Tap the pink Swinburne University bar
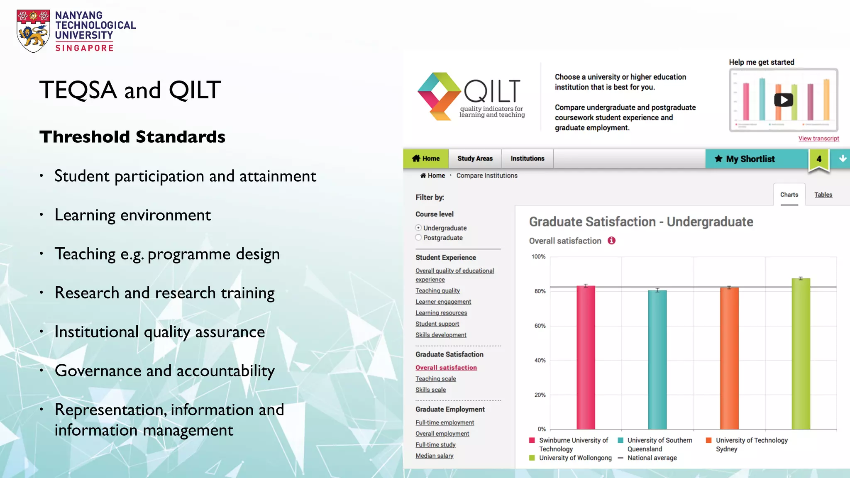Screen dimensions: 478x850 (586, 357)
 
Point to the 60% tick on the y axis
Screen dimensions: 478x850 (540, 326)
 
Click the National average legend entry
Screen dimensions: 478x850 (652, 458)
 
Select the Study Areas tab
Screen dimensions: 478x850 (475, 159)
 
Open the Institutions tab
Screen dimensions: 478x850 (527, 159)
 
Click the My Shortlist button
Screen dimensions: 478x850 (750, 159)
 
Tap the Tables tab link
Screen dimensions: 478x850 (823, 195)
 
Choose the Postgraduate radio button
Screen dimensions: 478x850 (418, 238)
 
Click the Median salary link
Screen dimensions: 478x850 (434, 456)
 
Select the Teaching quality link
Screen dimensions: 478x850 (437, 290)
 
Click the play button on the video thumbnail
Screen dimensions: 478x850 (783, 100)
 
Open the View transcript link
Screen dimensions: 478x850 (818, 138)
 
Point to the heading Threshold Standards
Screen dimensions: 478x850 (132, 137)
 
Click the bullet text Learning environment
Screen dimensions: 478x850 (132, 215)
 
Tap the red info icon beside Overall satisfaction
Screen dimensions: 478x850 (611, 241)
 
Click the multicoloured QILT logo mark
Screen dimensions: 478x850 (439, 97)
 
